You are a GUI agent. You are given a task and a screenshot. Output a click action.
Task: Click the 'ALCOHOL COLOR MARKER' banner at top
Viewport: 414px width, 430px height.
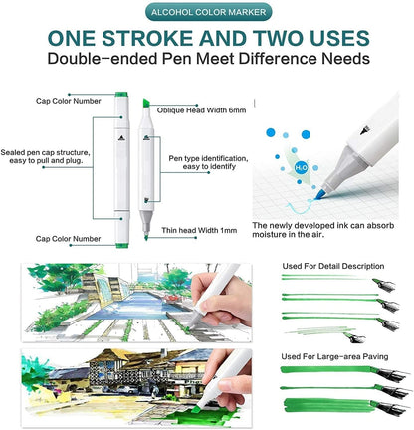(207, 12)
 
